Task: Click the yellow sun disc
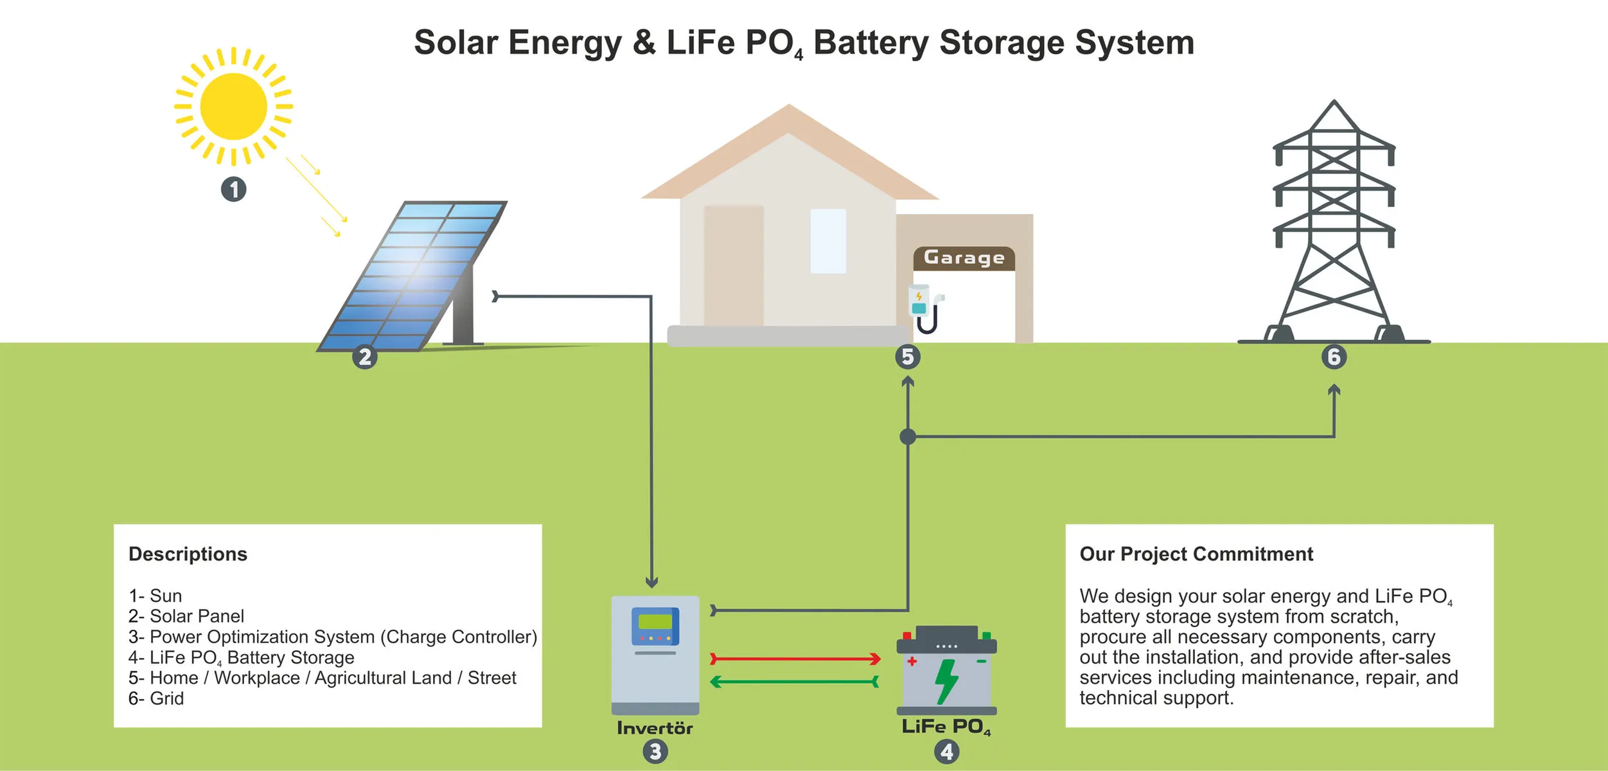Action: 233,106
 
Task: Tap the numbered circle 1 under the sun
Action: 233,190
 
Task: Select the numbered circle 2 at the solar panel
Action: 365,357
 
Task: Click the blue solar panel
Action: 411,276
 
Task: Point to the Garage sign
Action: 964,258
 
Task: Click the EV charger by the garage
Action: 923,307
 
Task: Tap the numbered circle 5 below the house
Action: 907,357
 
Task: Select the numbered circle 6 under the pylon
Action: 1334,357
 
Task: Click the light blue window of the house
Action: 827,241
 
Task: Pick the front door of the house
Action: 733,265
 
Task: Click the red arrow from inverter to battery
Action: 795,659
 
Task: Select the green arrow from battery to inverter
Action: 795,682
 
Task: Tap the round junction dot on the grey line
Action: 907,437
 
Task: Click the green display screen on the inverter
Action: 655,621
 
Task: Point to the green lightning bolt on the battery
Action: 946,681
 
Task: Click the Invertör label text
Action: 655,728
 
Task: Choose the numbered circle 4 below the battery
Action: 946,752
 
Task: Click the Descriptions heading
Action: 188,554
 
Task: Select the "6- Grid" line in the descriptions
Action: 156,698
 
